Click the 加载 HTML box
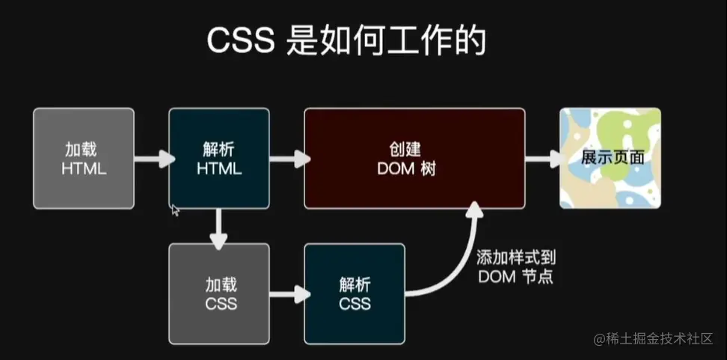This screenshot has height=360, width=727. [x=84, y=158]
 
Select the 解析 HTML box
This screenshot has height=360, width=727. [x=219, y=158]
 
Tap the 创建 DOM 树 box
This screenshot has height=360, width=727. [x=414, y=158]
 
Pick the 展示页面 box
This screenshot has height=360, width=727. [x=610, y=158]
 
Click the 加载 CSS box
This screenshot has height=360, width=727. [x=219, y=293]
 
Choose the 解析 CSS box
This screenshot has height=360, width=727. [x=355, y=293]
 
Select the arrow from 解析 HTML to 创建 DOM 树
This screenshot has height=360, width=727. [x=288, y=159]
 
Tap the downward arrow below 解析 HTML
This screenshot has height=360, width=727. [x=218, y=228]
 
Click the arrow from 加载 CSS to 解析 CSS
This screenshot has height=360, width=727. [x=288, y=293]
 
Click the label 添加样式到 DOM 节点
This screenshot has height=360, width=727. [x=516, y=266]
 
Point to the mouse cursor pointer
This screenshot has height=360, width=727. [x=175, y=210]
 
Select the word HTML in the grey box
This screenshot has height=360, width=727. [x=84, y=169]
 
